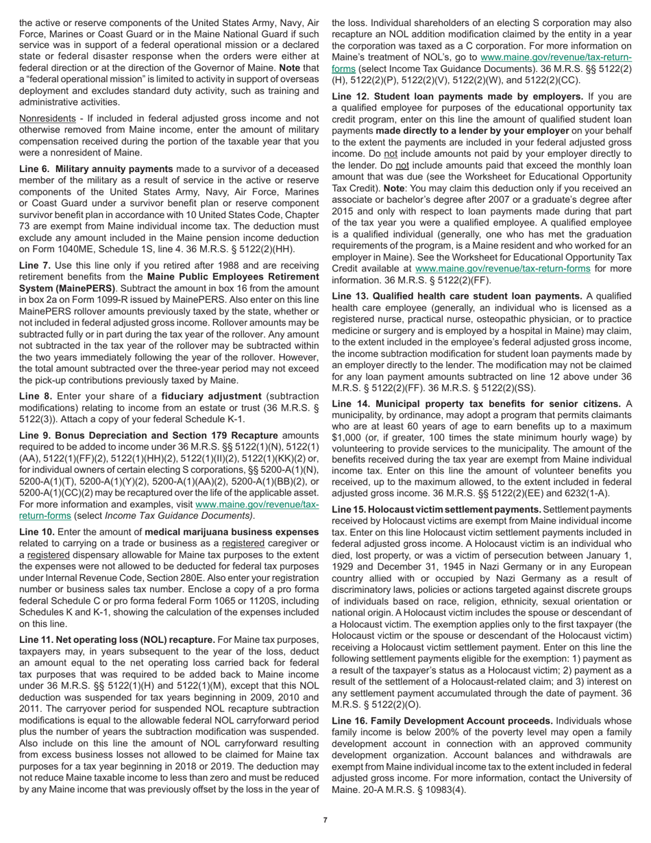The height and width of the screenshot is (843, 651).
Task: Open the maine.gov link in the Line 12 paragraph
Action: click(502, 269)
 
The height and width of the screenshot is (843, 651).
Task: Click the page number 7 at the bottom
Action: click(325, 820)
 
